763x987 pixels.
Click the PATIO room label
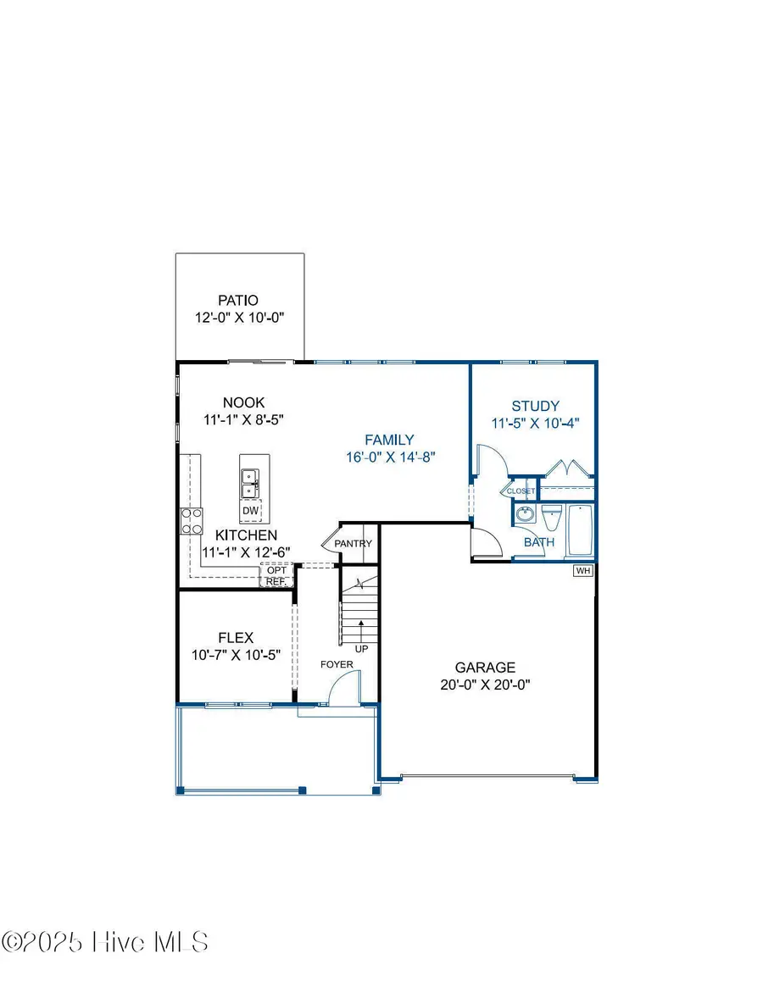237,300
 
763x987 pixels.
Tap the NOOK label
243,402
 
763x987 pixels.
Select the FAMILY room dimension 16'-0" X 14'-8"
389,457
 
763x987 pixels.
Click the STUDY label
536,406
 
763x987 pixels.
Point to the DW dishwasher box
250,511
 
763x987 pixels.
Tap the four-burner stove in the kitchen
192,520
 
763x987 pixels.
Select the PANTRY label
354,543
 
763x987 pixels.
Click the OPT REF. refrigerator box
276,576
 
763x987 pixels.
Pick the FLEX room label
236,637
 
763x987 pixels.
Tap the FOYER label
337,665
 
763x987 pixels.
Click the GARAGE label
484,668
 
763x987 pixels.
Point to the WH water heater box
582,571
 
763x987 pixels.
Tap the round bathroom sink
524,515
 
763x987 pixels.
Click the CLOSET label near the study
520,491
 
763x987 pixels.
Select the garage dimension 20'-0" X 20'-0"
484,685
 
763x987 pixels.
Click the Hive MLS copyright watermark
106,941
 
